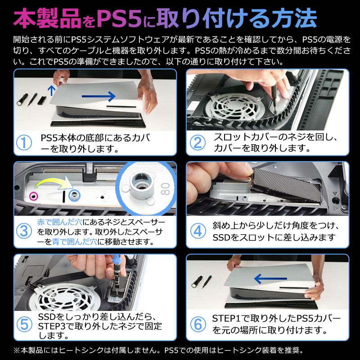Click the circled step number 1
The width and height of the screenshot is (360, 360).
click(24, 143)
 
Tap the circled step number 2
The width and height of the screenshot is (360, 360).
click(198, 143)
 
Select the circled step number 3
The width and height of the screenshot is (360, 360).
click(24, 231)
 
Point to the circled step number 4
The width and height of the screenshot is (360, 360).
click(198, 231)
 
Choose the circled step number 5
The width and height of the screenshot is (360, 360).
click(24, 324)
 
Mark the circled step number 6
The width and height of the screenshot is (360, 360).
click(198, 324)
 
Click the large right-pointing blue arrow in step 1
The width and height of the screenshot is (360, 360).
click(99, 96)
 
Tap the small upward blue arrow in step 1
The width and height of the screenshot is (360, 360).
click(52, 90)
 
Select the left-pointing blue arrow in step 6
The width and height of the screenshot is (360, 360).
click(270, 279)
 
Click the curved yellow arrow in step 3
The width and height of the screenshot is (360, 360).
click(53, 181)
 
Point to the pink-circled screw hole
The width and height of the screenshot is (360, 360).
click(34, 196)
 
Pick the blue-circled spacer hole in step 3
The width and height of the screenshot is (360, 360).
click(74, 195)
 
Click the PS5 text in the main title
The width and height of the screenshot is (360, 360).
click(119, 18)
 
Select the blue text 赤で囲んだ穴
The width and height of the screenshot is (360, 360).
click(60, 222)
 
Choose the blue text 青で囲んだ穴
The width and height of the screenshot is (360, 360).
click(75, 242)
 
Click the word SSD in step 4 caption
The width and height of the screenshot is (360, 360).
click(221, 238)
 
